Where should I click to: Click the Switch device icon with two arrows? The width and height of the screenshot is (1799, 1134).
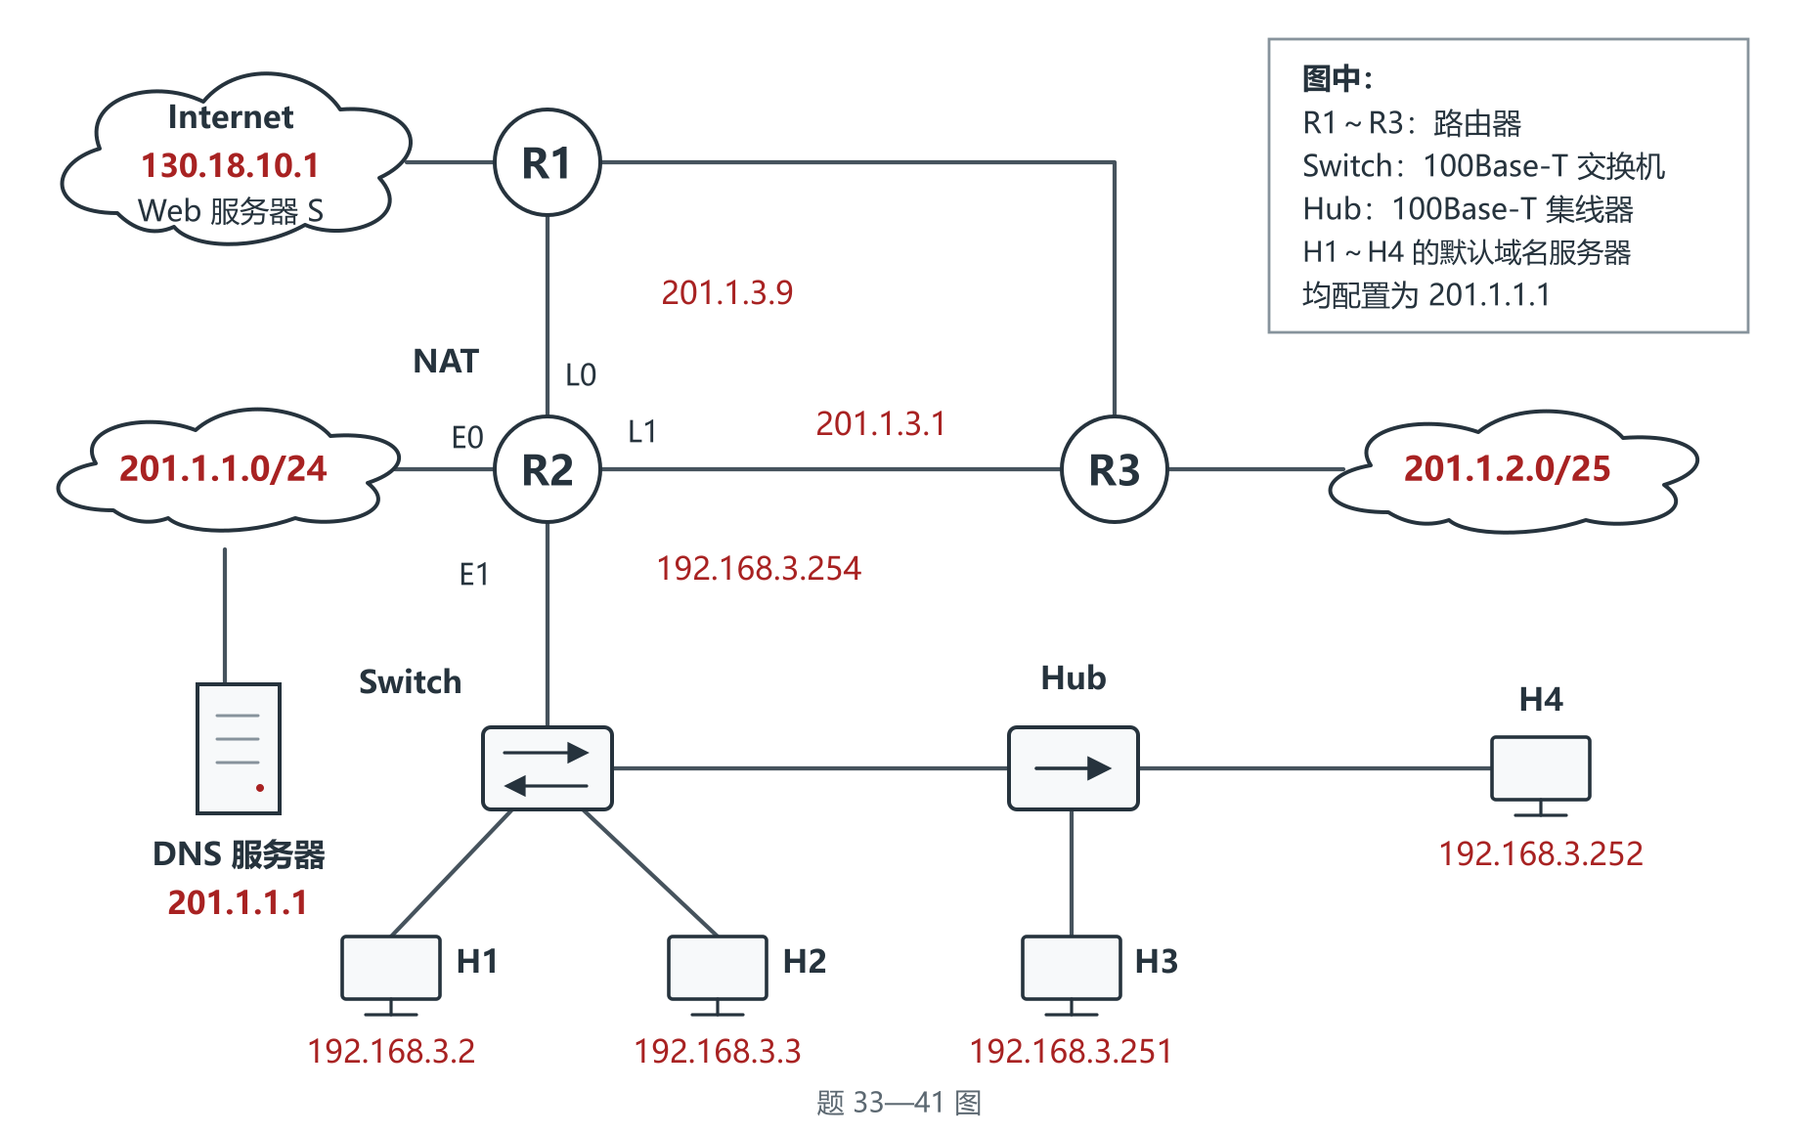548,768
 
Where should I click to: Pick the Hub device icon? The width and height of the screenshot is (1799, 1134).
1074,768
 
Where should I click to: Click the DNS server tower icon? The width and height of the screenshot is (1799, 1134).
239,749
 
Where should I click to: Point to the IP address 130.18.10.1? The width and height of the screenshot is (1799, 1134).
231,165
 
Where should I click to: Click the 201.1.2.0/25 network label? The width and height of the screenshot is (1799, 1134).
1508,468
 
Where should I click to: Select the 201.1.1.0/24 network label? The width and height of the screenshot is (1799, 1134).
223,468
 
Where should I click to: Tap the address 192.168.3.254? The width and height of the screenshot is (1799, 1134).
759,568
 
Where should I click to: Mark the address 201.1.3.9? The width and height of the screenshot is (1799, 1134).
727,292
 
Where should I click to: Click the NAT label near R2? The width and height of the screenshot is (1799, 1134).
446,362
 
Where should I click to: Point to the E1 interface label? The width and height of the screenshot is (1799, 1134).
474,574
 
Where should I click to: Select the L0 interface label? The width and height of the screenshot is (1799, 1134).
581,374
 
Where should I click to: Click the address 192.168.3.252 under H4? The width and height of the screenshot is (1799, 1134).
1541,853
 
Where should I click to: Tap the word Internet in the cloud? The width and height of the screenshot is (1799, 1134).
231,117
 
